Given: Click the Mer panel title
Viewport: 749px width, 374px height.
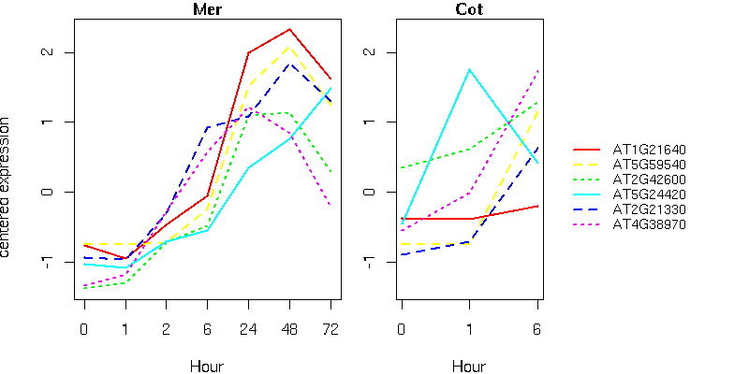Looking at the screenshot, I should coord(207,10).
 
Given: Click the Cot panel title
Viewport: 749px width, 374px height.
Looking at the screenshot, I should coord(469,10).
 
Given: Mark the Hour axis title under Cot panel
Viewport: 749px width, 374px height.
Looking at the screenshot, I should coord(469,367).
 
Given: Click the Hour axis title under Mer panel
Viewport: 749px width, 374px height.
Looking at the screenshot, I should coord(207,367).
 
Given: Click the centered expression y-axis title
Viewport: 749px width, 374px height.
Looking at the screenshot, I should coord(7,187).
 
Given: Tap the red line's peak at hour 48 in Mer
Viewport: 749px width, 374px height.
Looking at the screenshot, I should coord(289,29).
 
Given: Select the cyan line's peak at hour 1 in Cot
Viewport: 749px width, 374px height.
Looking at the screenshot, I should coord(469,69).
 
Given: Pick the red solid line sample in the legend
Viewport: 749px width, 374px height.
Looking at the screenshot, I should coord(587,150).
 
